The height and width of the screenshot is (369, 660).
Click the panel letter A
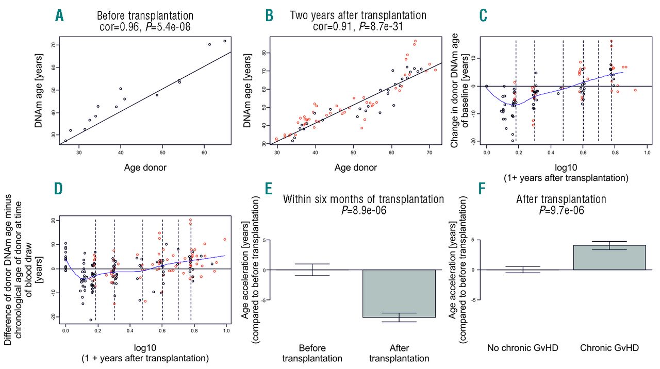60,16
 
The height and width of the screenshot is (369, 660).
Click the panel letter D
60,189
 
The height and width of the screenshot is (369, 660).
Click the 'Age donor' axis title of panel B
356,167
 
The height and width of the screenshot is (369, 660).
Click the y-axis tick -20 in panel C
475,141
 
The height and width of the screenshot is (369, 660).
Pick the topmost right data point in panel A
225,41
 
